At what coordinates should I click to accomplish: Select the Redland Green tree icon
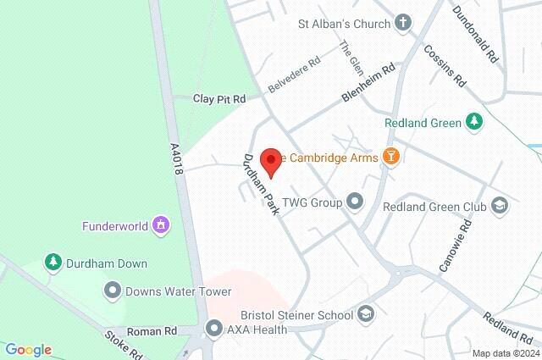point(475,123)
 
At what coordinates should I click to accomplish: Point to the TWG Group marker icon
point(355,202)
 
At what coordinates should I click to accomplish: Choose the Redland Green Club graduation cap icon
point(501,206)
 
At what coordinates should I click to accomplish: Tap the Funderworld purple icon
point(161,226)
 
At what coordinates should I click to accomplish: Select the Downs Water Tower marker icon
point(112,291)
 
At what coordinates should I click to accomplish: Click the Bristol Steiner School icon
point(366,315)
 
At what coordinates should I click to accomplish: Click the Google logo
point(28,350)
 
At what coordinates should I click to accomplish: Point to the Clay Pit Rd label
point(219,99)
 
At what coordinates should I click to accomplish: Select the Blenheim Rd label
point(369,85)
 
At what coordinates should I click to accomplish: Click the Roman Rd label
point(152,330)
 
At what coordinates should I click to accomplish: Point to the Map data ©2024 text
point(505,353)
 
